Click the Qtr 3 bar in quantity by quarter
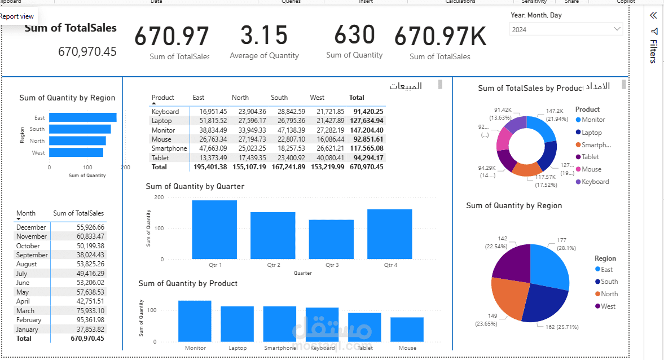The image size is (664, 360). [x=331, y=239]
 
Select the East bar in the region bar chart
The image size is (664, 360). [x=82, y=117]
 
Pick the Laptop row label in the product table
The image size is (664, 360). [x=161, y=121]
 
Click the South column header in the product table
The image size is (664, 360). [x=279, y=98]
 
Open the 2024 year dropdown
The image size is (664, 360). [x=566, y=29]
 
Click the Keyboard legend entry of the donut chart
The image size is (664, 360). [x=595, y=182]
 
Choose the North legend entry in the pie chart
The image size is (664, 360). [x=609, y=294]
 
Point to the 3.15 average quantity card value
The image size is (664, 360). [x=264, y=36]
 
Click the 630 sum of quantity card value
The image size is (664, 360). [x=354, y=35]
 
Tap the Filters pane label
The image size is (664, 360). [x=653, y=51]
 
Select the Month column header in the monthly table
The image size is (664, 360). [x=26, y=213]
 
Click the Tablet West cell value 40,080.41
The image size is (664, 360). [x=327, y=157]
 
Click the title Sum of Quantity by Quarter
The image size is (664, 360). [x=195, y=186]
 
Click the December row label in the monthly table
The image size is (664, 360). [x=31, y=227]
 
